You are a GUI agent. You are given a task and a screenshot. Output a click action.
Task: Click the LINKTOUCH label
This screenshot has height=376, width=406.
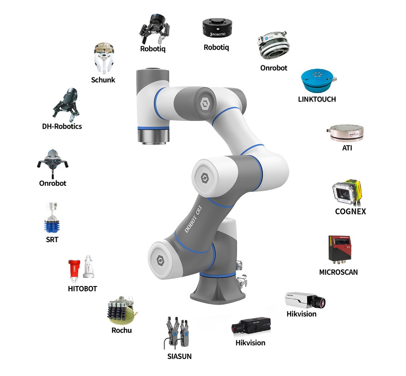point(317,99)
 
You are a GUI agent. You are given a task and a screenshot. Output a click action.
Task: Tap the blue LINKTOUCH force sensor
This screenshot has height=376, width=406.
point(316,81)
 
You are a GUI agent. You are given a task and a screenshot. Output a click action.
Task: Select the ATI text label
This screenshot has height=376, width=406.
point(347,149)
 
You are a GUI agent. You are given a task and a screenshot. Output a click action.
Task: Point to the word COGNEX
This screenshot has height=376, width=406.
point(350,212)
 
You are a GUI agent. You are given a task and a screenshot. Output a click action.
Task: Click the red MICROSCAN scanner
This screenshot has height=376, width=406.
point(340,248)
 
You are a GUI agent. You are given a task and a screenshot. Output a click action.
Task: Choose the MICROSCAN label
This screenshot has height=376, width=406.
point(339,272)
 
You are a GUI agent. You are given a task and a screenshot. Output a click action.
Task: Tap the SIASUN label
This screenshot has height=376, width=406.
point(179,356)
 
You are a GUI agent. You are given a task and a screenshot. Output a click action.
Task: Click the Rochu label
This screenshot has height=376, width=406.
point(121,330)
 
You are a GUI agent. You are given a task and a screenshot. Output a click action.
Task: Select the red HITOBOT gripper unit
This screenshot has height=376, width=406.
point(74,268)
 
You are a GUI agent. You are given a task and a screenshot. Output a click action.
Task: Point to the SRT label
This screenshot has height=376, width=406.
point(52,240)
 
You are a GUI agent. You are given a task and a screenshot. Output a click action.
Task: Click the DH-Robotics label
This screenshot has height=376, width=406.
point(62,126)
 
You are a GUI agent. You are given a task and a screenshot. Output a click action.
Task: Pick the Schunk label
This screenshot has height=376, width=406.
point(103,80)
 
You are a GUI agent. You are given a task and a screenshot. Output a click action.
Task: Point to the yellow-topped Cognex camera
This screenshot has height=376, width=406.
point(347,192)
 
